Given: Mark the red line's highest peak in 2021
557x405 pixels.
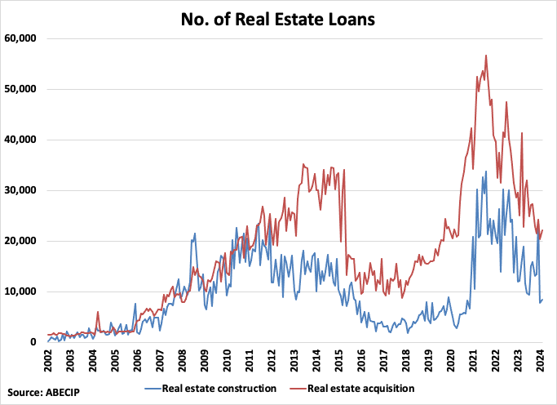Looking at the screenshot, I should coord(486,56).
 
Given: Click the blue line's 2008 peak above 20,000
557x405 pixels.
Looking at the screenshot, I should coord(194,234).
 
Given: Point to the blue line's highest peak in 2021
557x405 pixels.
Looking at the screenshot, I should coord(486,171).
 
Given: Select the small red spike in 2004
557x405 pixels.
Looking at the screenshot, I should coord(98,311).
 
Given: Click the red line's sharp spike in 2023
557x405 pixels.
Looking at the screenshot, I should coord(521,133).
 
